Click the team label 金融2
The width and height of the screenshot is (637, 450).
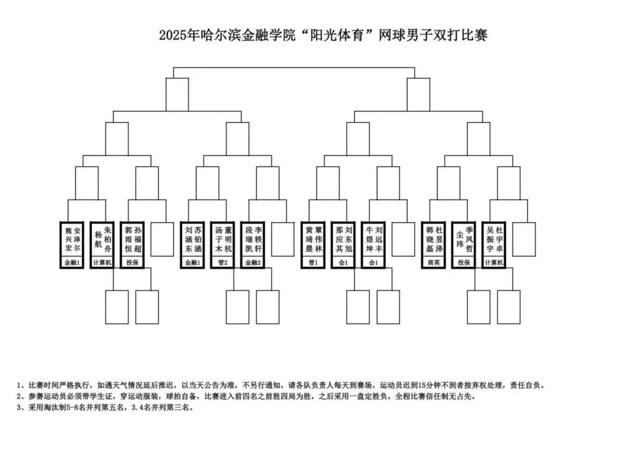252,263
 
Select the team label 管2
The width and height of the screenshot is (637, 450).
222,263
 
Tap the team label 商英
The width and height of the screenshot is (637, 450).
434,263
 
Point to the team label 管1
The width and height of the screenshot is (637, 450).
313,263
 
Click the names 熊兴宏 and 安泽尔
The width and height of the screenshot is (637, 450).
73,239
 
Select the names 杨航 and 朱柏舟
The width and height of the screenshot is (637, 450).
103,239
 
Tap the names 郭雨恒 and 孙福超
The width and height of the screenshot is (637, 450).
133,239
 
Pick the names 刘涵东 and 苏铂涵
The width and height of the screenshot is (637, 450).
192,239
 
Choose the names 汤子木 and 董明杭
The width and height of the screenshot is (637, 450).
222,239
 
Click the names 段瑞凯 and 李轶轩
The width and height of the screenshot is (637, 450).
252,239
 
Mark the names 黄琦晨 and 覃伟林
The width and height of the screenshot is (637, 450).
313,239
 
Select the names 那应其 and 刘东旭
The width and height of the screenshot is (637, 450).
343,239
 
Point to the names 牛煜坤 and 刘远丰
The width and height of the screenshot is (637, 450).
373,239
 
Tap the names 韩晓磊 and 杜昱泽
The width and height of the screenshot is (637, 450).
434,239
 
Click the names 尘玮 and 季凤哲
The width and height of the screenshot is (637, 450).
464,239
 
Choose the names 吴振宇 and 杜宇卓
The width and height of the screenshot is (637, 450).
494,239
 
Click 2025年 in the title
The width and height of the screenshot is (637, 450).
179,35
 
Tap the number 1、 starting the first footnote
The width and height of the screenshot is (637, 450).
22,386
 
